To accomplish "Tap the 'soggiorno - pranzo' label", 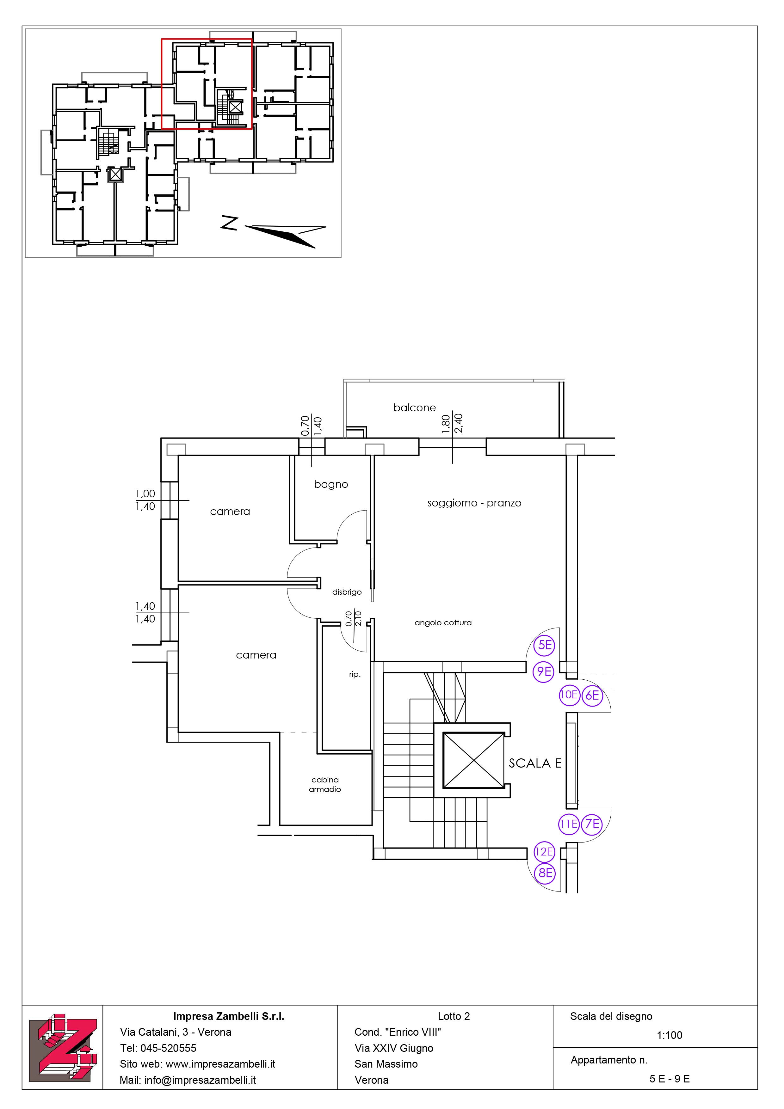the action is click(x=474, y=503).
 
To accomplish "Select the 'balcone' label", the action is click(x=415, y=408).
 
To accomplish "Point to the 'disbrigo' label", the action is click(x=347, y=592).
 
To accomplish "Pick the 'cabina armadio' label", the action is click(x=325, y=784).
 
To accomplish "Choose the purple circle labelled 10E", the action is click(x=569, y=695).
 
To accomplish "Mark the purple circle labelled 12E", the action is click(x=544, y=852).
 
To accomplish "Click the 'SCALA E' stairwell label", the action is click(x=535, y=763).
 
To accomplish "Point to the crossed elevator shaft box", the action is click(x=474, y=760).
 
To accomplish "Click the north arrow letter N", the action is click(x=230, y=223).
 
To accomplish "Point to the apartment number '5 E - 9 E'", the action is click(x=670, y=1079).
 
